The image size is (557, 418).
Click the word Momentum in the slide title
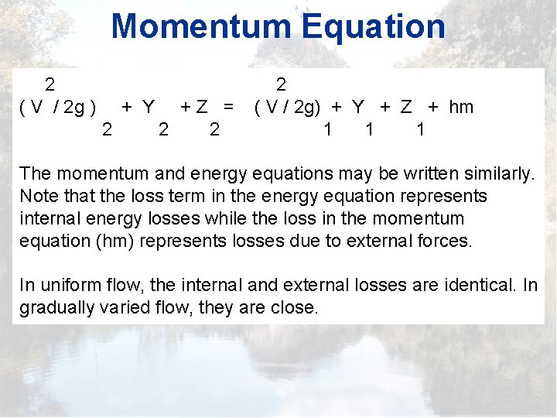click(x=203, y=26)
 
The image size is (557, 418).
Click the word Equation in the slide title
click(x=374, y=26)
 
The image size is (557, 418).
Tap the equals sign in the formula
click(x=228, y=107)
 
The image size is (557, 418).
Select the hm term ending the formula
click(x=461, y=107)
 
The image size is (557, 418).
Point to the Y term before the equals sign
click(x=149, y=107)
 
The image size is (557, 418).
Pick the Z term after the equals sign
click(x=406, y=107)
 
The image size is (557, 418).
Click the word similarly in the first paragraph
click(x=492, y=173)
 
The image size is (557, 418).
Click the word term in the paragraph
click(x=176, y=196)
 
